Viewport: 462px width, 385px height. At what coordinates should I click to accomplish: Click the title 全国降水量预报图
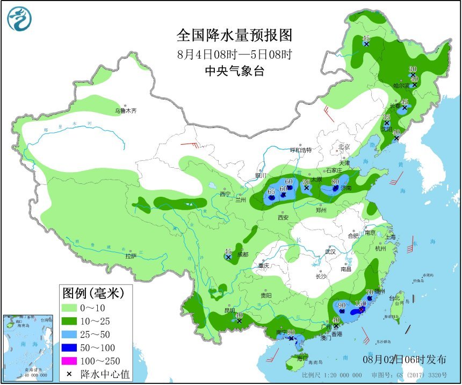[x=235, y=35]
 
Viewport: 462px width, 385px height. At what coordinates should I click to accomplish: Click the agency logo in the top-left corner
[x=19, y=19]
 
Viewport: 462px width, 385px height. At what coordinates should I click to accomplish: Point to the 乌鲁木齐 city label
[x=125, y=111]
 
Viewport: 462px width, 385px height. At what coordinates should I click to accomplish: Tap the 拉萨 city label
[x=131, y=256]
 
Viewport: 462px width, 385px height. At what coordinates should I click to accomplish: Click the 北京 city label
[x=344, y=147]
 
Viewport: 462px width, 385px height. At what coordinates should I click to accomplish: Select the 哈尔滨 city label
[x=401, y=85]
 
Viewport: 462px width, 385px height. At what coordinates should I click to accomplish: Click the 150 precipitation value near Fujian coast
[x=360, y=304]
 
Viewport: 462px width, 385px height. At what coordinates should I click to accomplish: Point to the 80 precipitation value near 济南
[x=335, y=182]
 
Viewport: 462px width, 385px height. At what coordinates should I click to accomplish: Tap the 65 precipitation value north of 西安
[x=271, y=191]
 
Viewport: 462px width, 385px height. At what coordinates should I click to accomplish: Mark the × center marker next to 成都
[x=228, y=258]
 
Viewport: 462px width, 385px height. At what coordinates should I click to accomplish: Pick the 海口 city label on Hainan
[x=303, y=358]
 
